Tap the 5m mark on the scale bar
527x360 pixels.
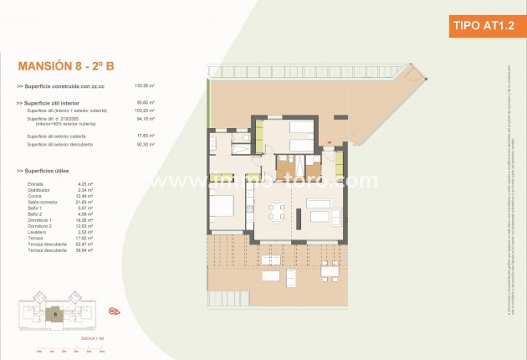click(101, 351)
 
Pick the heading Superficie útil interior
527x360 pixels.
click(53, 103)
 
